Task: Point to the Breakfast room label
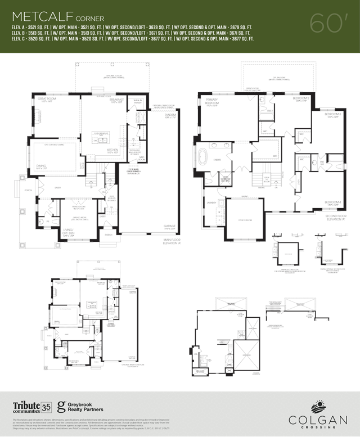[116, 100]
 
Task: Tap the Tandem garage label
[170, 115]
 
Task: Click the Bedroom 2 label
[300, 98]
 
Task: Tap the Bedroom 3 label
[333, 115]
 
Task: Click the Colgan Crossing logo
[316, 413]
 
